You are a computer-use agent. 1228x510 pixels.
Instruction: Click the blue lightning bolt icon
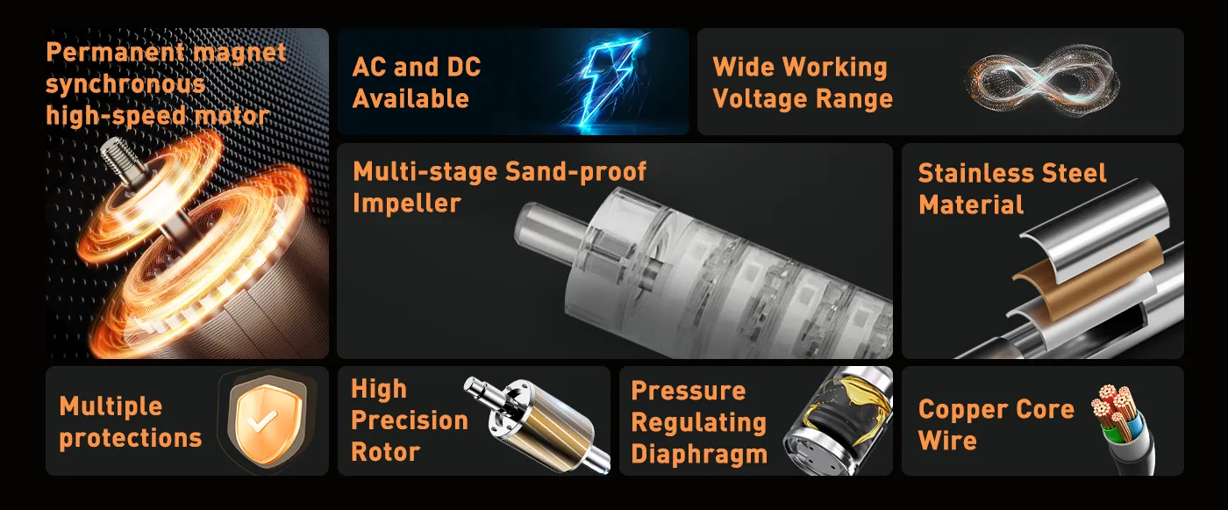tap(609, 83)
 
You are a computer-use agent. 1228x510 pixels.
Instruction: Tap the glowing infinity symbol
tap(1042, 81)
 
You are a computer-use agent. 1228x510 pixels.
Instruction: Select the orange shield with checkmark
tap(265, 420)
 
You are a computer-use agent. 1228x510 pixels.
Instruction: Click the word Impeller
tap(407, 203)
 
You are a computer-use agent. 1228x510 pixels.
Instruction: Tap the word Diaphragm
tap(699, 454)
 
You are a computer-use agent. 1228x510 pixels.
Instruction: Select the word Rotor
tap(385, 452)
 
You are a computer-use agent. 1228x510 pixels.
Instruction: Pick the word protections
tap(131, 438)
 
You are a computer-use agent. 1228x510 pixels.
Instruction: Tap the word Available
tap(411, 98)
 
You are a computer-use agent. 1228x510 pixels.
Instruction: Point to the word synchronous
tap(125, 84)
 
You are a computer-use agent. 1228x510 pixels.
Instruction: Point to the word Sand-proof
tap(575, 172)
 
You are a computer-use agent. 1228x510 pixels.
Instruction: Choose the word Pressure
tap(689, 391)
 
